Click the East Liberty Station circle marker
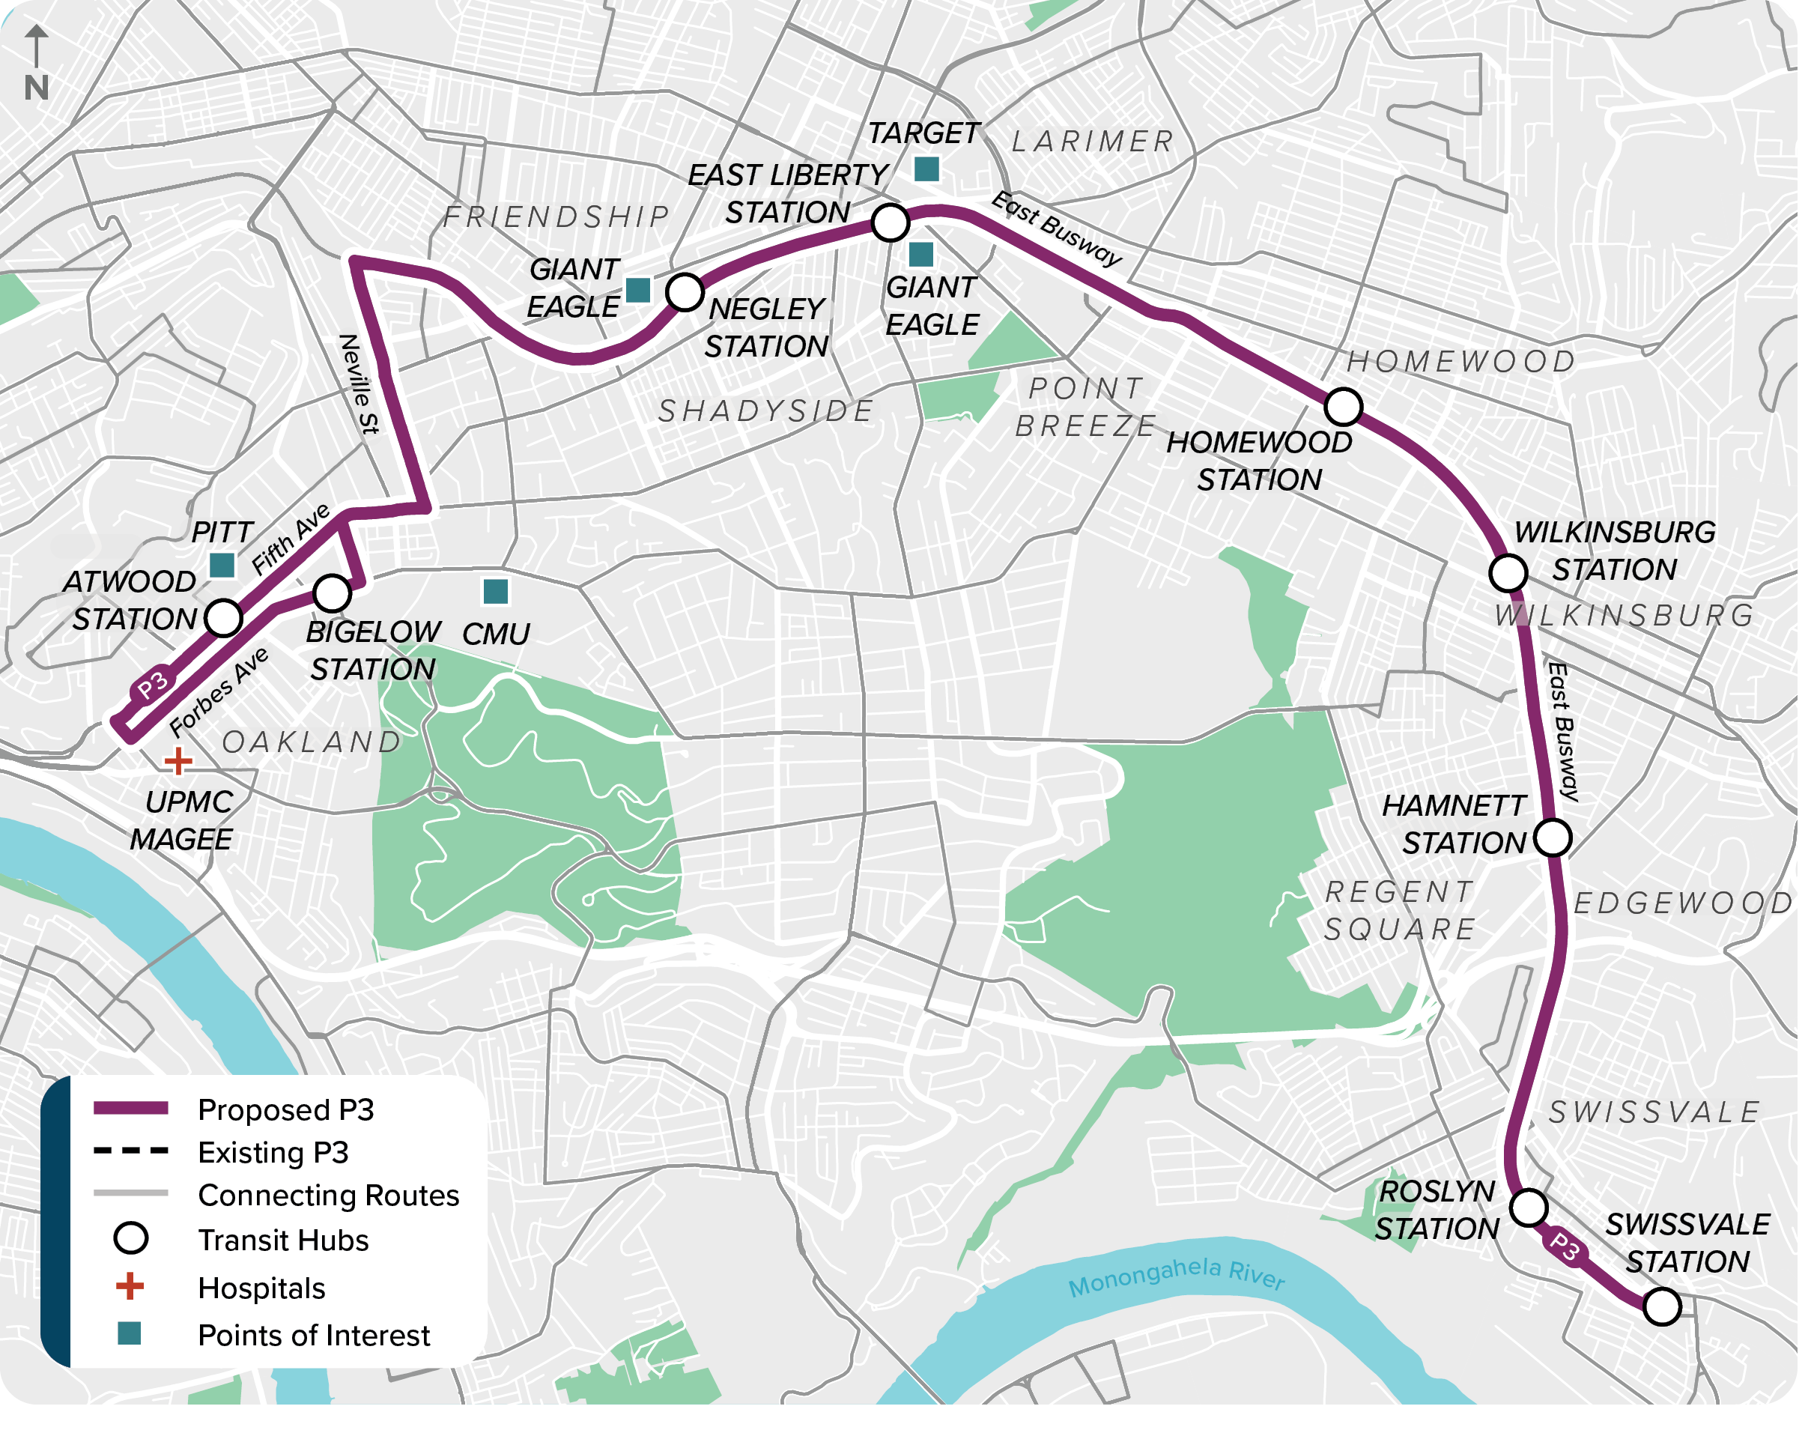pyautogui.click(x=890, y=222)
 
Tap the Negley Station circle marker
pyautogui.click(x=684, y=292)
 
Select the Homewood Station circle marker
pyautogui.click(x=1342, y=407)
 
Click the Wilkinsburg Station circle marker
pyautogui.click(x=1507, y=573)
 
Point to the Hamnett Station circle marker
pyautogui.click(x=1552, y=837)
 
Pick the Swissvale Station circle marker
pyautogui.click(x=1661, y=1306)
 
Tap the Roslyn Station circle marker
pyautogui.click(x=1528, y=1208)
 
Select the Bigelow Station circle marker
pyautogui.click(x=332, y=593)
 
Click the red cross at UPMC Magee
pyautogui.click(x=178, y=762)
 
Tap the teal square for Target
pyautogui.click(x=926, y=169)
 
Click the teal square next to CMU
pyautogui.click(x=495, y=592)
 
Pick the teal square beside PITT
pyautogui.click(x=222, y=565)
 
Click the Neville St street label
pyautogui.click(x=360, y=384)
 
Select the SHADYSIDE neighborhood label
pyautogui.click(x=765, y=411)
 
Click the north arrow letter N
pyautogui.click(x=36, y=88)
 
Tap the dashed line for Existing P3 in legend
pyautogui.click(x=130, y=1151)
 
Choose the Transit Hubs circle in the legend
pyautogui.click(x=130, y=1238)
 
